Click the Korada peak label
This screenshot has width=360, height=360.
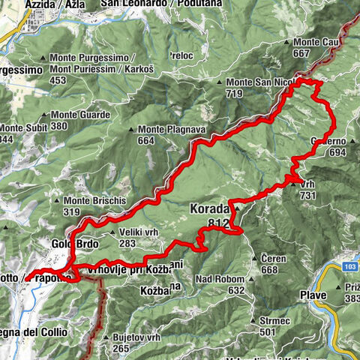(212, 208)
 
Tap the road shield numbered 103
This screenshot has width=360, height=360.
(350, 266)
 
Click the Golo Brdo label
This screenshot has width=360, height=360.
(75, 244)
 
